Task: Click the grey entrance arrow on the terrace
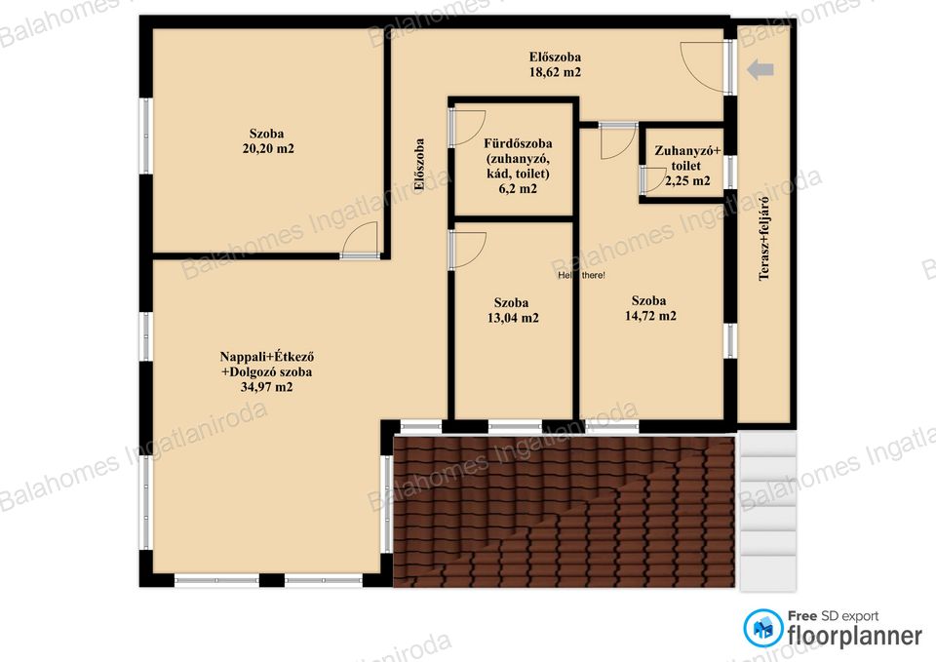point(760,69)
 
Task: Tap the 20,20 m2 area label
point(268,148)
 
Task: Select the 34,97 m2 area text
point(266,387)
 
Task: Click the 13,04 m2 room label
point(513,318)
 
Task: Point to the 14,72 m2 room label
point(650,316)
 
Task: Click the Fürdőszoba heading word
point(518,144)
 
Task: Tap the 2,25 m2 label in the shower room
point(687,181)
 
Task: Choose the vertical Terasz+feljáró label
point(763,238)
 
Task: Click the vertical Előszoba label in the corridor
point(419,165)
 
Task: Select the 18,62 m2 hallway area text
point(555,72)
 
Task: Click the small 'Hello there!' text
point(581,275)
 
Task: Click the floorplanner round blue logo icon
point(762,628)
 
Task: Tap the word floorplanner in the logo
point(855,635)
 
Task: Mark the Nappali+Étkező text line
point(267,357)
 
